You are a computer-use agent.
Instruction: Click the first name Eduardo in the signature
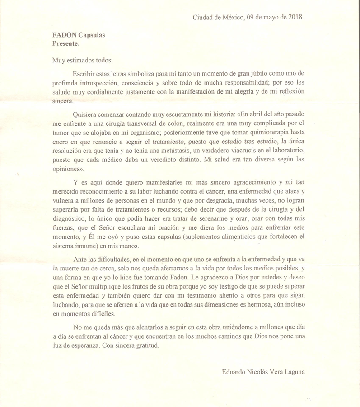(x=235, y=372)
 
